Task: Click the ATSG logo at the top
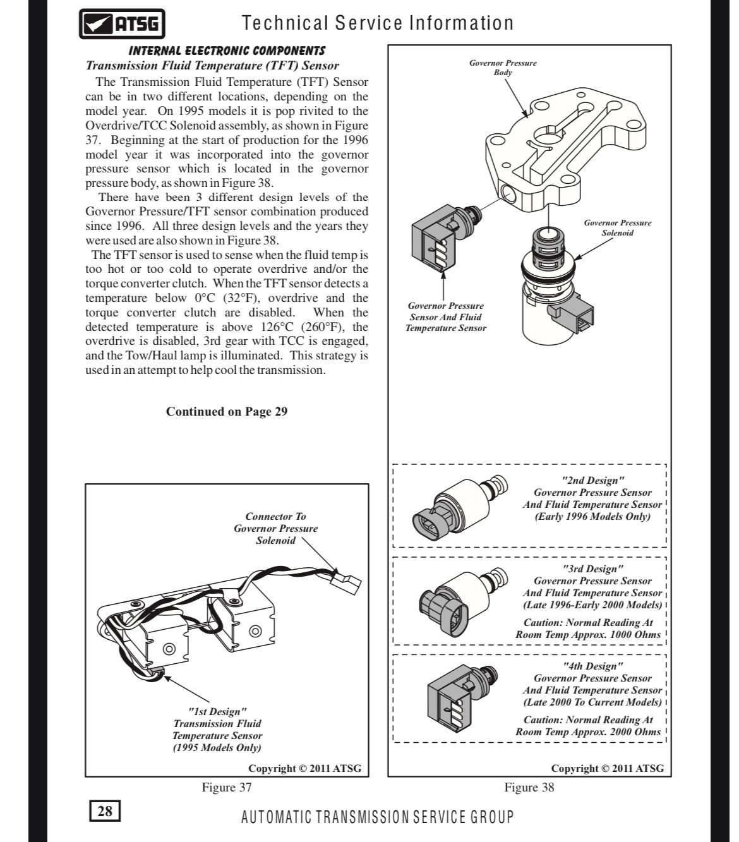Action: tap(123, 25)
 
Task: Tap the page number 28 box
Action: tap(105, 810)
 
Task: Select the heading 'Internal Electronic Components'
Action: tap(227, 51)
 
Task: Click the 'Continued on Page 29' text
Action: tap(227, 412)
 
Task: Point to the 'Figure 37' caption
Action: tap(227, 787)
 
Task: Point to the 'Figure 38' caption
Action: tap(529, 787)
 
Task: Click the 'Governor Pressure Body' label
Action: tap(503, 68)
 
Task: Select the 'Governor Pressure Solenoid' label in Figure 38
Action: tap(617, 227)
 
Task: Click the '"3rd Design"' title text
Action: tap(592, 569)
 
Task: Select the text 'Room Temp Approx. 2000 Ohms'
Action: tap(588, 732)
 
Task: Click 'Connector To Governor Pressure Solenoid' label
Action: tap(275, 528)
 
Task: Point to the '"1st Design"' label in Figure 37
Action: tap(217, 711)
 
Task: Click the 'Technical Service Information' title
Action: tap(378, 23)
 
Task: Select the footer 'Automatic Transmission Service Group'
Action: tap(378, 817)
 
